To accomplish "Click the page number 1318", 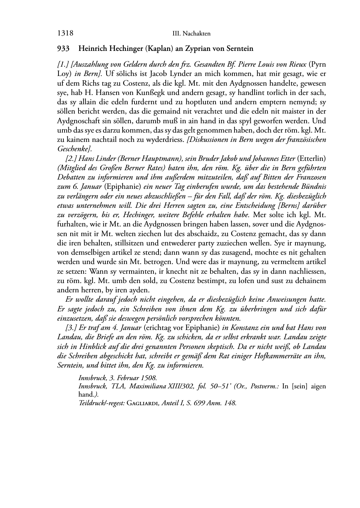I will click(x=65, y=33).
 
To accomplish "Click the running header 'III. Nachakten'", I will click(x=191, y=34).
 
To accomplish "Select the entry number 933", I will click(x=63, y=48).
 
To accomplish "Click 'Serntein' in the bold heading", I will click(x=240, y=48).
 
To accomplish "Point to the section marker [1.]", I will click(x=63, y=65).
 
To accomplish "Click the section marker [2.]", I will click(x=71, y=158).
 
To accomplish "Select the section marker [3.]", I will click(x=71, y=327).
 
